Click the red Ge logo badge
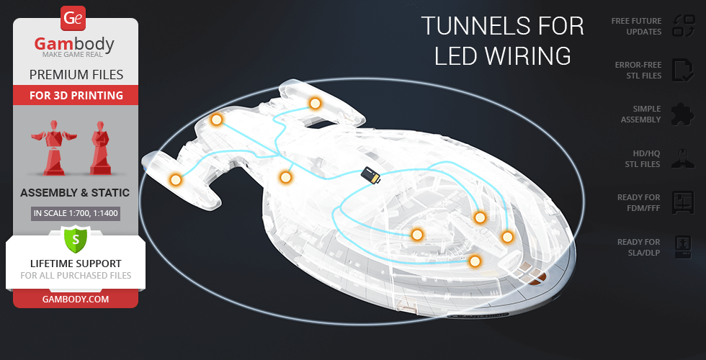pos(75,18)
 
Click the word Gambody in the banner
pos(75,45)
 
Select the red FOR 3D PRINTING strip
pos(75,95)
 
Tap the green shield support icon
pos(75,238)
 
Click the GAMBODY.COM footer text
pos(75,298)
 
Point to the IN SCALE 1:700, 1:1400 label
pos(75,213)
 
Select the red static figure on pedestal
pos(99,148)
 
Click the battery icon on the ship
pos(371,175)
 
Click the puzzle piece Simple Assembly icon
pos(682,114)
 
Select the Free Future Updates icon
pos(682,26)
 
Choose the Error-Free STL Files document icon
pos(682,70)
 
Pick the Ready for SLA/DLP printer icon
pos(682,247)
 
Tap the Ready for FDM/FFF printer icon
pos(682,202)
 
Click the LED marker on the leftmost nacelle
pos(175,180)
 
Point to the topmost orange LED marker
pos(315,104)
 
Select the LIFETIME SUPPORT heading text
pos(75,264)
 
